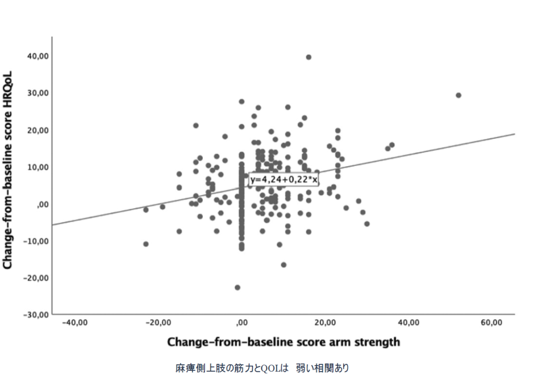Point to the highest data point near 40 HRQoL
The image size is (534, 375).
coord(308,57)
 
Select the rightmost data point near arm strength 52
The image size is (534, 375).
coord(458,95)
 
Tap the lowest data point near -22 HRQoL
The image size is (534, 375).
coord(237,287)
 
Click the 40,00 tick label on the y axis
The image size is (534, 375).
coord(33,56)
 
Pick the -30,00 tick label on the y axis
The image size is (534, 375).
coord(32,314)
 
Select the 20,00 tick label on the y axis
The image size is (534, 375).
coord(33,130)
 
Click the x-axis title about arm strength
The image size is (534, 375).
coord(284,342)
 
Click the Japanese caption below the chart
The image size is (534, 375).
coord(262,368)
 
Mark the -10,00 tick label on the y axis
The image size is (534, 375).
coord(32,241)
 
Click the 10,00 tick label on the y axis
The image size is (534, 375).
coord(33,167)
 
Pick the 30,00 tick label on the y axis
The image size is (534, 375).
coord(33,93)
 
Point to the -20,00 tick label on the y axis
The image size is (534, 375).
coord(32,277)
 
